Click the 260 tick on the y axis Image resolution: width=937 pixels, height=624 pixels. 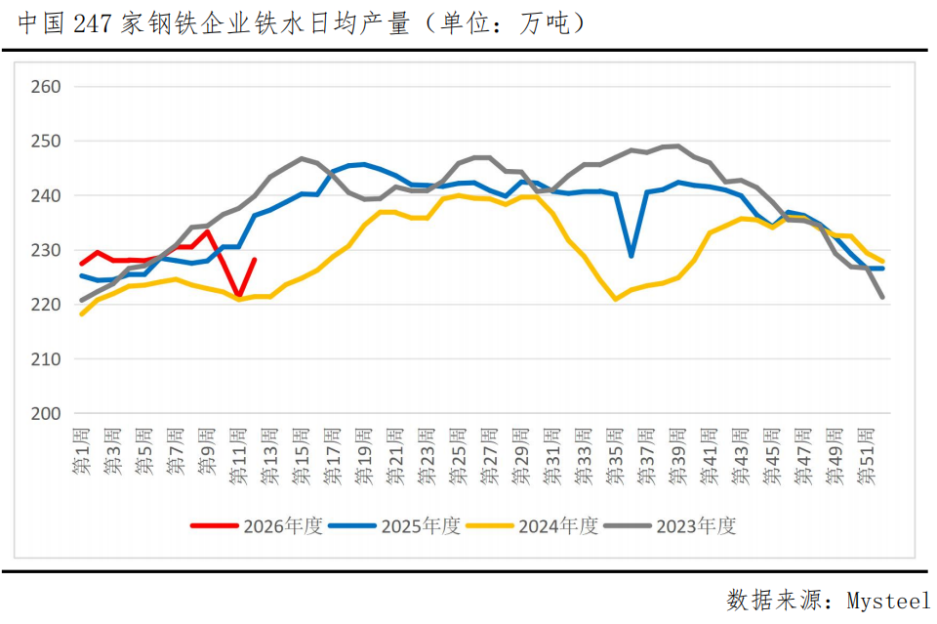click(x=46, y=87)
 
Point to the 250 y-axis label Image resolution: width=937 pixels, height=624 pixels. click(x=46, y=142)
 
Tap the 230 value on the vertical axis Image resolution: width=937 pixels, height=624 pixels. click(x=46, y=251)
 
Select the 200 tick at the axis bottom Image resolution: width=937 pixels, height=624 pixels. click(x=46, y=414)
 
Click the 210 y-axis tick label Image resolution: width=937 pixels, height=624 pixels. click(x=46, y=359)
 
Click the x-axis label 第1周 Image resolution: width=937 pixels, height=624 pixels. click(x=82, y=451)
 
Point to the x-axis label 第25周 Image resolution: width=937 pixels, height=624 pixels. click(x=459, y=454)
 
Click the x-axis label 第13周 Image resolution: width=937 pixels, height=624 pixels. click(x=270, y=454)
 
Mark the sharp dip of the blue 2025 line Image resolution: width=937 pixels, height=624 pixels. click(x=631, y=256)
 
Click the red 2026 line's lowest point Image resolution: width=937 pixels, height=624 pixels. click(x=238, y=295)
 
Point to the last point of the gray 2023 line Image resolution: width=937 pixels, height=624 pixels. click(x=882, y=297)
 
